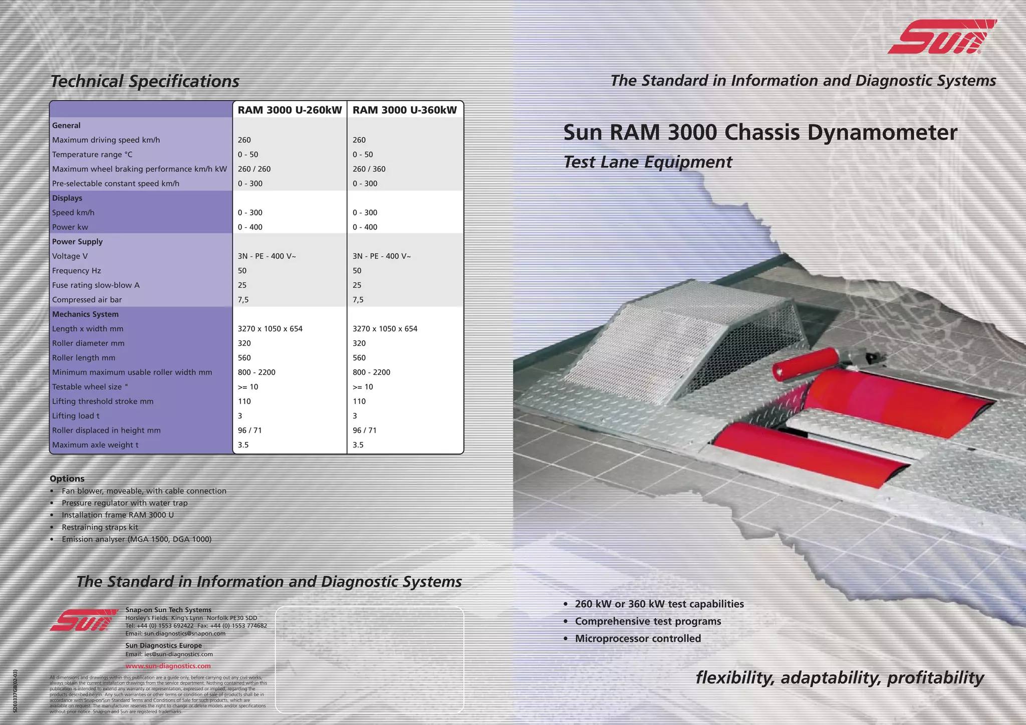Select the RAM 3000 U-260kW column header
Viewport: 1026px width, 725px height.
[290, 110]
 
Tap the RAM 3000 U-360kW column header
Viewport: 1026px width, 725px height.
[405, 110]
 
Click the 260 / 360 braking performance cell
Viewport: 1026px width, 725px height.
[369, 169]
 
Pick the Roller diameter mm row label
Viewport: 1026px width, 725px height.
[88, 344]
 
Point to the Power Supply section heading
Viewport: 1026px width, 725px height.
[77, 241]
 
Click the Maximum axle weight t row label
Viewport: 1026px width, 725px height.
[95, 445]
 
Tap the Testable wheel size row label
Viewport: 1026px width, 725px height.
[90, 387]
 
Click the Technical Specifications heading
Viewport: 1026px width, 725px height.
[145, 82]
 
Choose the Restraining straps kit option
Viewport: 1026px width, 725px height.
[100, 527]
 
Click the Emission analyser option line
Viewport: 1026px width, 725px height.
[136, 540]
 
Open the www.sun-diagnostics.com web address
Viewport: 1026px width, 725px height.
[168, 666]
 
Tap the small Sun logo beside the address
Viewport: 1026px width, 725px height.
[84, 620]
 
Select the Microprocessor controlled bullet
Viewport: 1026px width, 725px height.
[637, 639]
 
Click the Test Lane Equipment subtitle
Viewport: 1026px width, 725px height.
[647, 162]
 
